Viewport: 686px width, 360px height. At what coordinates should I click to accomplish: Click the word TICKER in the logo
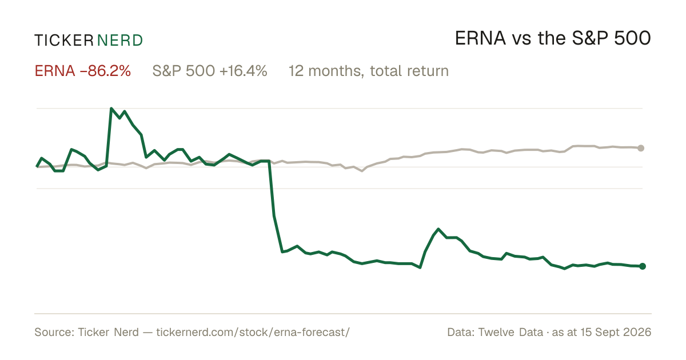point(64,41)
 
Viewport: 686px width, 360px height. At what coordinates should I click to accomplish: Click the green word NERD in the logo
point(120,41)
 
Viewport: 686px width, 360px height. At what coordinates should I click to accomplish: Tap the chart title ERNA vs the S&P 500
point(553,38)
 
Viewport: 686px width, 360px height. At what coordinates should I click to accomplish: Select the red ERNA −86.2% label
point(83,71)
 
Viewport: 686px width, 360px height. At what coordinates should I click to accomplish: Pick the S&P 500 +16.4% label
point(210,71)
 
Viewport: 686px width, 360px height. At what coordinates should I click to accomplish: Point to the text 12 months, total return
point(369,71)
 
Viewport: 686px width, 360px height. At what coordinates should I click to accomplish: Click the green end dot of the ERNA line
point(643,266)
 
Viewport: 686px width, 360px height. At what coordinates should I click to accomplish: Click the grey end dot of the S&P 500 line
point(641,148)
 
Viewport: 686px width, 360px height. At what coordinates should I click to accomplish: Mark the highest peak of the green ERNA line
point(111,109)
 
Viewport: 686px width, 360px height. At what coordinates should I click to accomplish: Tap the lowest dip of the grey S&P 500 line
point(362,171)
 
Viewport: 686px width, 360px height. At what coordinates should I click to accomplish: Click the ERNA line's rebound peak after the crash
point(438,229)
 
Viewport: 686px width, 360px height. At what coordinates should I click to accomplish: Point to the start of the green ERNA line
point(37,167)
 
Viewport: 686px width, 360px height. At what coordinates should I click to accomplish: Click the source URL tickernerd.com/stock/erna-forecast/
point(253,333)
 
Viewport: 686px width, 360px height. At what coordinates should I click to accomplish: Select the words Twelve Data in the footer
point(510,333)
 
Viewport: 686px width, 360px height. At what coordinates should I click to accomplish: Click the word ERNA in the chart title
point(480,38)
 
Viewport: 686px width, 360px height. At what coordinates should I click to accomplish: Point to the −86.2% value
point(105,71)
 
